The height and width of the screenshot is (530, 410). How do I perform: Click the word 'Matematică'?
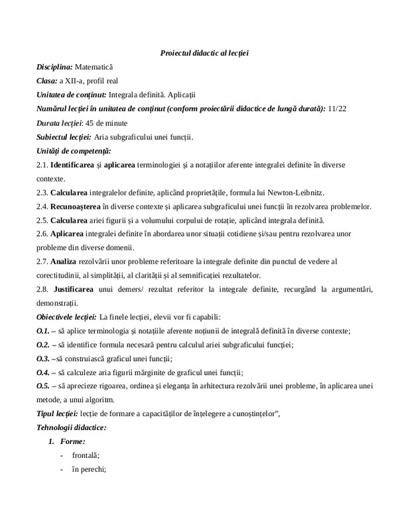[x=94, y=67]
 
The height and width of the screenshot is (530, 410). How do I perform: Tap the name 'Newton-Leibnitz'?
[x=296, y=192]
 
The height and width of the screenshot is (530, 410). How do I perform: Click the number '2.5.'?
[x=43, y=220]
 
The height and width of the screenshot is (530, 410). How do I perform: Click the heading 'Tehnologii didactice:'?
[x=72, y=427]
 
